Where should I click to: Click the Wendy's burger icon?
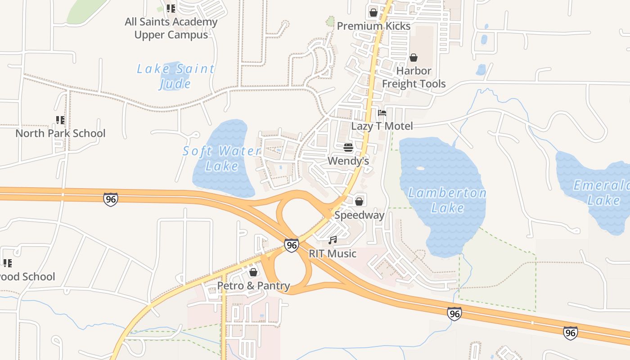click(x=348, y=148)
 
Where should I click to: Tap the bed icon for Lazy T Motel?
click(x=382, y=113)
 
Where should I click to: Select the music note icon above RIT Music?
click(x=333, y=240)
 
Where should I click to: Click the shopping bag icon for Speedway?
click(x=359, y=201)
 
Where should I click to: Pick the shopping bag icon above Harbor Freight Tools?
click(x=414, y=58)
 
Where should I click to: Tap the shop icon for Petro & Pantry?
click(x=253, y=272)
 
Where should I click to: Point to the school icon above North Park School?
click(x=60, y=120)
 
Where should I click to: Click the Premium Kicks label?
click(x=373, y=26)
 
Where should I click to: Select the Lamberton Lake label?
click(x=447, y=200)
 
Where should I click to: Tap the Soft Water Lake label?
click(x=222, y=158)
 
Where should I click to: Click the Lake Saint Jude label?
click(x=175, y=76)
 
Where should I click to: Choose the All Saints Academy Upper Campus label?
click(x=171, y=28)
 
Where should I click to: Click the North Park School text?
click(x=60, y=133)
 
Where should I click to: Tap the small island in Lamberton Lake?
click(x=420, y=168)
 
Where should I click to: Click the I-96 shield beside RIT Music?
click(x=292, y=245)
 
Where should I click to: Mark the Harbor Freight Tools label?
click(x=414, y=77)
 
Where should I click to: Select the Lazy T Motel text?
click(x=382, y=126)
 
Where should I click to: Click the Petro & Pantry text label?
click(x=253, y=286)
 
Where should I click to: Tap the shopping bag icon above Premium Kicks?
click(x=373, y=13)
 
